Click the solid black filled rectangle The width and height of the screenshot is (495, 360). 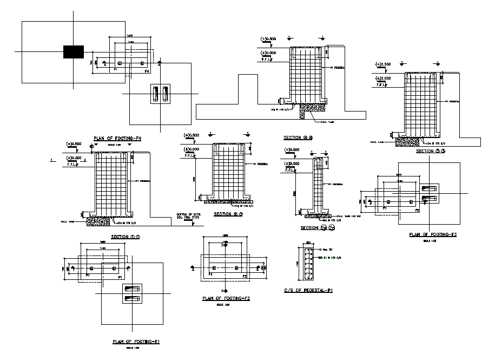coord(74,51)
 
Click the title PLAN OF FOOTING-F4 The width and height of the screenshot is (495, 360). coord(117,139)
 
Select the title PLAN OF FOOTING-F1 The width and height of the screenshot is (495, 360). coord(135,342)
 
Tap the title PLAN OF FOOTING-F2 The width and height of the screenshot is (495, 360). coord(226,298)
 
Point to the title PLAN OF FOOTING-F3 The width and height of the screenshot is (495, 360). coord(433,234)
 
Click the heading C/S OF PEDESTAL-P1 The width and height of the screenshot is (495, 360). coord(308,291)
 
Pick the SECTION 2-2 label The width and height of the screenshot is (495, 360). coord(228,214)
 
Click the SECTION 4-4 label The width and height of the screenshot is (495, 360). coord(299,138)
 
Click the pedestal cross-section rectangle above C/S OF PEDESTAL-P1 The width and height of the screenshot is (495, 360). coord(309,261)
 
